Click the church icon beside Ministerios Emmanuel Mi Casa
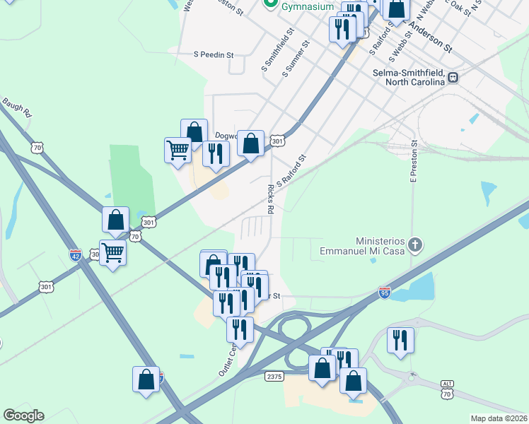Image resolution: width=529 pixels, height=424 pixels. (x=415, y=245)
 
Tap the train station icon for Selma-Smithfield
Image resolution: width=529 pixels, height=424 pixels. (x=453, y=78)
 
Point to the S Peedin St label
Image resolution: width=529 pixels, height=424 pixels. (x=214, y=54)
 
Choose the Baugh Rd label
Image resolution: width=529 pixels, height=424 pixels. (x=17, y=107)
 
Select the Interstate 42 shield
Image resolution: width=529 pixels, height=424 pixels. (x=75, y=253)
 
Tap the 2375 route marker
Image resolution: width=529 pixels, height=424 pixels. (x=274, y=377)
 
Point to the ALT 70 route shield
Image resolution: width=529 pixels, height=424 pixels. (x=447, y=387)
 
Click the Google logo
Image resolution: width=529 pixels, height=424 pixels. (x=23, y=416)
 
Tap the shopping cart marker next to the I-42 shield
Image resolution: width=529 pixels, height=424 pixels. (x=112, y=252)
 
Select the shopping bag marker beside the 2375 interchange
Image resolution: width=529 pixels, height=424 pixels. (x=322, y=368)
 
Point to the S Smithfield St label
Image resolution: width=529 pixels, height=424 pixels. (x=277, y=50)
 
